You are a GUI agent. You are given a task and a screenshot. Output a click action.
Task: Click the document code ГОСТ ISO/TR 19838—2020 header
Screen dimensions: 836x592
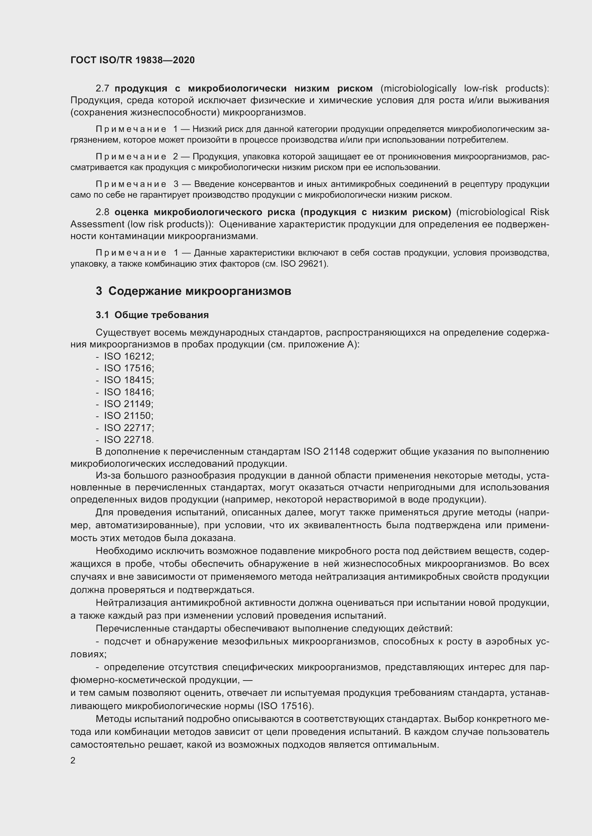[x=132, y=60]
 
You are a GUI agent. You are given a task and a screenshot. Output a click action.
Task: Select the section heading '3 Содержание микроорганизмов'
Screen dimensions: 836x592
[x=193, y=291]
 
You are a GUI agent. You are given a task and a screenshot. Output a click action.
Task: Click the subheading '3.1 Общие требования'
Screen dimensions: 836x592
[x=152, y=315]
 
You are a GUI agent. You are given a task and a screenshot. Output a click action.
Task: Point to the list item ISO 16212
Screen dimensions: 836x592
[x=129, y=356]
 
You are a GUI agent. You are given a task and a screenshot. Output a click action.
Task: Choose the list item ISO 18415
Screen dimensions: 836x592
[x=129, y=380]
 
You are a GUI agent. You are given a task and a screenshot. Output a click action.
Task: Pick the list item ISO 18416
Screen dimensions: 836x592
[x=129, y=392]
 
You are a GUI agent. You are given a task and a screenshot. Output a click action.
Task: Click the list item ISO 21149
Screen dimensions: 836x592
[x=129, y=404]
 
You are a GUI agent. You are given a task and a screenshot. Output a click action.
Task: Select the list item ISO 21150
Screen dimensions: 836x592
[x=129, y=415]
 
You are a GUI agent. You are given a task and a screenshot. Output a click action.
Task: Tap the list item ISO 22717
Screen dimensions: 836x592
[x=129, y=427]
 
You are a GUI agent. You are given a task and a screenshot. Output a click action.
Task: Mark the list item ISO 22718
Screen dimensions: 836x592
[x=129, y=440]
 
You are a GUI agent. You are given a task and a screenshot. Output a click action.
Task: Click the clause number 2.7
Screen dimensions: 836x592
[x=102, y=89]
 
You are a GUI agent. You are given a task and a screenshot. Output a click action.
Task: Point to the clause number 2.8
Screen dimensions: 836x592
[x=102, y=212]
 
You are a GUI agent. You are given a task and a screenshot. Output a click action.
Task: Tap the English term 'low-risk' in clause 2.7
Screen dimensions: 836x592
[x=480, y=89]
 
